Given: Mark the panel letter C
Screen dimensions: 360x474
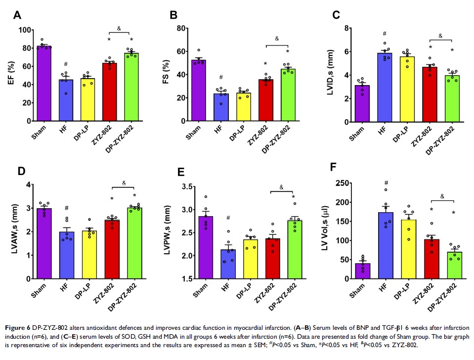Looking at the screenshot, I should tap(336, 15).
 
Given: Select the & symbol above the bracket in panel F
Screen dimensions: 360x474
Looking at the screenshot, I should tap(442, 196).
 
